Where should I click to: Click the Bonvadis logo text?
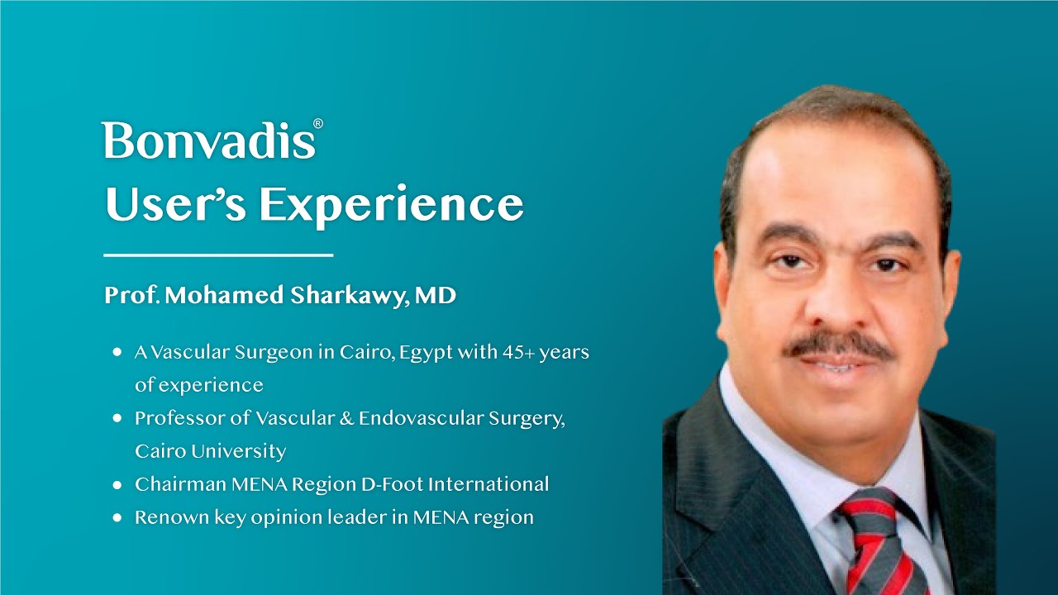pos(208,141)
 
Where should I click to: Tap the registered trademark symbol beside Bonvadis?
pos(318,124)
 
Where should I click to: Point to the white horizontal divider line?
pos(218,255)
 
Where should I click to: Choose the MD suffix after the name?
pos(436,296)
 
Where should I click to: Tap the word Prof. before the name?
pos(131,296)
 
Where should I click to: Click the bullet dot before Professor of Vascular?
pos(117,419)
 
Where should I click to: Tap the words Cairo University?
pos(210,451)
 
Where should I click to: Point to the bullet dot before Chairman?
pos(117,485)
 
